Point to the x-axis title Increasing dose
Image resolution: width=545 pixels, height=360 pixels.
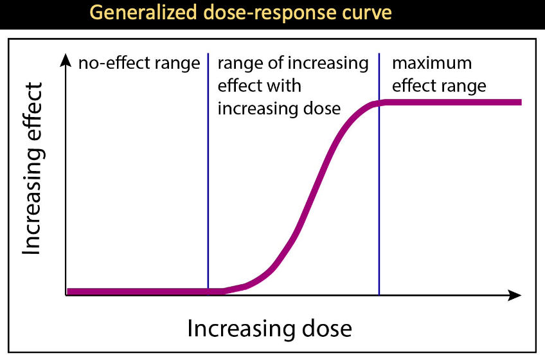point(270,328)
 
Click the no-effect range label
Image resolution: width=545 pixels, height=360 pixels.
point(139,64)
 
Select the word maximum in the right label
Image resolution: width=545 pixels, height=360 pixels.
point(432,64)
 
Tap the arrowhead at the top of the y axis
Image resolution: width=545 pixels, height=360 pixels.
point(66,60)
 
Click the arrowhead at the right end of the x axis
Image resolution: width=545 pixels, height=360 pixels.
point(514,296)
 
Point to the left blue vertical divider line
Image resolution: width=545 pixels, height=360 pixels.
point(208,180)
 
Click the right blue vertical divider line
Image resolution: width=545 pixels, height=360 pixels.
point(379,193)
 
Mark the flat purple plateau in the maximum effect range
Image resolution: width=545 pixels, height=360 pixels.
point(450,102)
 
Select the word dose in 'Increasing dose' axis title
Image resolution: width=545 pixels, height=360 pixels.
point(328,328)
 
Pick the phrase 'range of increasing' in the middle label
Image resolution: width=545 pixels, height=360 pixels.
point(293,64)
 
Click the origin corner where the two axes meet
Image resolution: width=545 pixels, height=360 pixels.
point(66,296)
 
